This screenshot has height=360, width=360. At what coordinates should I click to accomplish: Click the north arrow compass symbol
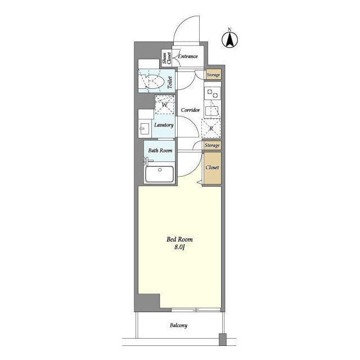pyautogui.click(x=229, y=39)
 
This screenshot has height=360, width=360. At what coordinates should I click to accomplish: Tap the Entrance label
pyautogui.click(x=188, y=56)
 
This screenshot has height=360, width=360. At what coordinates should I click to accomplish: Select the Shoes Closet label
pyautogui.click(x=167, y=58)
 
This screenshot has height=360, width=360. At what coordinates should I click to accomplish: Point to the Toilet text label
pyautogui.click(x=170, y=83)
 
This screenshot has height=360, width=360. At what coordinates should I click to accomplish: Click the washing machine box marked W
pyautogui.click(x=165, y=105)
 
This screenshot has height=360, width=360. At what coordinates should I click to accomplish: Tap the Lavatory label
pyautogui.click(x=164, y=125)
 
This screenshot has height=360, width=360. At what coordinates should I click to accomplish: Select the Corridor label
pyautogui.click(x=190, y=110)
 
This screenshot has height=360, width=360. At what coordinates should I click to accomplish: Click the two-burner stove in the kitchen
pyautogui.click(x=213, y=93)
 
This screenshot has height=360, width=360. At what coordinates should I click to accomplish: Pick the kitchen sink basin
pyautogui.click(x=212, y=111)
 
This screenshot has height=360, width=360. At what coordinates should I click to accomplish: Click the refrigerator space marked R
pyautogui.click(x=211, y=128)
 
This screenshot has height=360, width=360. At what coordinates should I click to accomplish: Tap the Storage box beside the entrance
pyautogui.click(x=214, y=75)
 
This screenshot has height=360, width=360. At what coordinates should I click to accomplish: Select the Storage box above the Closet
pyautogui.click(x=213, y=145)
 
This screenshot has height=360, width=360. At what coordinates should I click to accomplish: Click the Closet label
pyautogui.click(x=213, y=168)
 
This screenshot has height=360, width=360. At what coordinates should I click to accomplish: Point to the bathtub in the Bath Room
pyautogui.click(x=159, y=174)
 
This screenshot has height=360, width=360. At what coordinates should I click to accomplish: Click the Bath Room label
pyautogui.click(x=160, y=151)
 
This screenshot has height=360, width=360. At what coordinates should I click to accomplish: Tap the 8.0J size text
pyautogui.click(x=180, y=247)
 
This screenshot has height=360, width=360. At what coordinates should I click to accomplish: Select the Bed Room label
pyautogui.click(x=179, y=240)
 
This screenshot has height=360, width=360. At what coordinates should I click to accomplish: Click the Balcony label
pyautogui.click(x=179, y=325)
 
